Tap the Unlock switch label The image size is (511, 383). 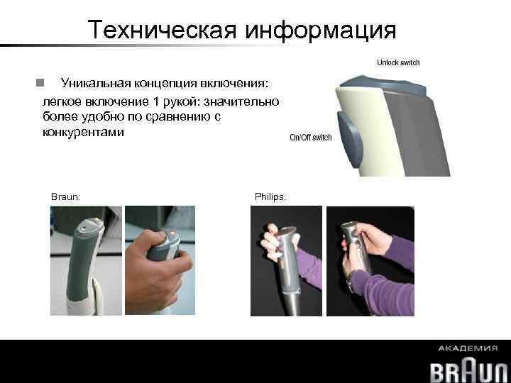tap(397, 62)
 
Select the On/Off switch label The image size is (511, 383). tap(310, 138)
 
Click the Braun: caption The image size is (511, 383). tap(65, 196)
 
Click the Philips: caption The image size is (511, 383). tap(270, 196)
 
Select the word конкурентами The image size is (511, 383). tap(82, 132)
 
